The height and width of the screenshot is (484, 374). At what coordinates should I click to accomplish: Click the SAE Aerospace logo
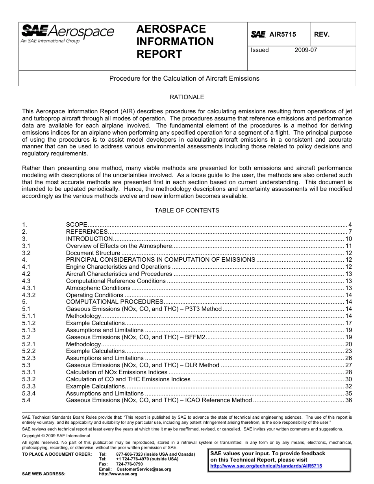click(x=67, y=33)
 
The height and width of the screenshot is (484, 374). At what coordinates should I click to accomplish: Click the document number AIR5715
click(x=282, y=35)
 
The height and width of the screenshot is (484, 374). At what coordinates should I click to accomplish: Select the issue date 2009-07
click(x=305, y=50)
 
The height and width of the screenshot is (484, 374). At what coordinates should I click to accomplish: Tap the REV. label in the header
click(x=322, y=35)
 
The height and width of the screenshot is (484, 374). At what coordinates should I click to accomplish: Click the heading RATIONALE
click(x=187, y=97)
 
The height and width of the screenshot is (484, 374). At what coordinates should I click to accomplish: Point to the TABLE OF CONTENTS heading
click(x=187, y=211)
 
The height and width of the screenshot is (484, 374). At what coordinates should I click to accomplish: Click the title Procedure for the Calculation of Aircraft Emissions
click(x=184, y=78)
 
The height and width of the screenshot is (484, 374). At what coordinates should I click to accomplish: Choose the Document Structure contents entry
click(x=93, y=253)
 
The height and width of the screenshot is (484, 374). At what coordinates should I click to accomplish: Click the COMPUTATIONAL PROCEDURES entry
click(x=115, y=302)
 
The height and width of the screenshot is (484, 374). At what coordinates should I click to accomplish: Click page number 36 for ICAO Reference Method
click(x=348, y=400)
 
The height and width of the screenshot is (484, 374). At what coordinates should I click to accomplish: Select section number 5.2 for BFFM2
click(x=26, y=337)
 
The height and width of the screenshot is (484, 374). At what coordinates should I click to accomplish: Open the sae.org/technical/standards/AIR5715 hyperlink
click(x=266, y=466)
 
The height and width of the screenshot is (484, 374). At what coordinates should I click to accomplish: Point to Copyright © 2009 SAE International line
click(x=56, y=436)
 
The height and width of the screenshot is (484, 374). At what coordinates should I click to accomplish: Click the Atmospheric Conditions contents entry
click(x=98, y=288)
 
